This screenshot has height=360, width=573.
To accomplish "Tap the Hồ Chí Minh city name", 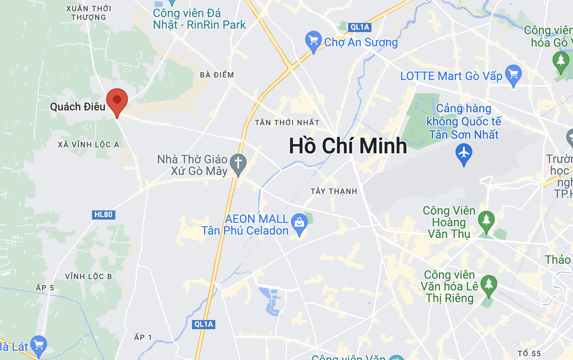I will point(348,146).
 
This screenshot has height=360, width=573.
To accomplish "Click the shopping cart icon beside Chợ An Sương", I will point(313,41).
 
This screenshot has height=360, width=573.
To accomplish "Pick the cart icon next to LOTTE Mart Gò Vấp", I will point(513,75).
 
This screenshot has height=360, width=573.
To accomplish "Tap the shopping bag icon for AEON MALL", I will point(299,222).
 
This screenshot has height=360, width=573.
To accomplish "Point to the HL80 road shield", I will point(103,215).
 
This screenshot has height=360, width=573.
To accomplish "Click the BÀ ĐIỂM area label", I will point(217,75).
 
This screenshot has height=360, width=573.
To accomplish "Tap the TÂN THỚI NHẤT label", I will point(287,122).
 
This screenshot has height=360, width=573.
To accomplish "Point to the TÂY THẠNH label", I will point(334,191).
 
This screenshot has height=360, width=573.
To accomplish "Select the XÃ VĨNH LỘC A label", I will point(89,145).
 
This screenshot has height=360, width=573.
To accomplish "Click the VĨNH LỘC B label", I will point(88,276).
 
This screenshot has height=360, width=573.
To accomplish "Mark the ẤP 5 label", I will point(45,288).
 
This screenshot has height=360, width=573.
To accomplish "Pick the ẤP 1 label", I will point(143,337).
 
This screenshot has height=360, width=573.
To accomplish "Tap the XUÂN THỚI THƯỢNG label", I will point(88,12).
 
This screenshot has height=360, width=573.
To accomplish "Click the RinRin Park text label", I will point(199,25).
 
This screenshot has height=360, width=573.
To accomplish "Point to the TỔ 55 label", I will point(529,354).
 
